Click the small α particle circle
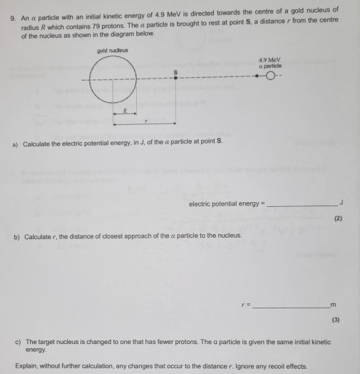(270, 79)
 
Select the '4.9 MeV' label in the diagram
(270, 61)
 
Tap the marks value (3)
(339, 320)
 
